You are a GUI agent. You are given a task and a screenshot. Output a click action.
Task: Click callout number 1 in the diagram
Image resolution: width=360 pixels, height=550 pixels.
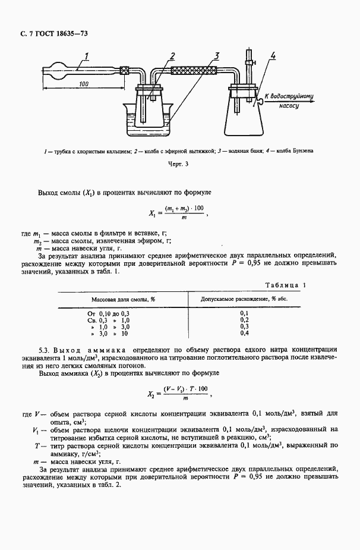click(x=87, y=57)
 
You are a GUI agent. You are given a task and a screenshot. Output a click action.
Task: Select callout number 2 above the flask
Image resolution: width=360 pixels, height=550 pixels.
click(x=171, y=56)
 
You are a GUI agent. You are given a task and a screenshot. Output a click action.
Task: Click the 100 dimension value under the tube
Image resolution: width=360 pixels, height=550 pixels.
click(x=83, y=85)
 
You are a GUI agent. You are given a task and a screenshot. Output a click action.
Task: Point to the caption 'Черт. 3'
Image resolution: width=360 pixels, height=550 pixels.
click(x=179, y=164)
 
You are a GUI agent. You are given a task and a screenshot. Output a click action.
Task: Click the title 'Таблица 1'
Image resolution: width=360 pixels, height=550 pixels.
click(x=285, y=285)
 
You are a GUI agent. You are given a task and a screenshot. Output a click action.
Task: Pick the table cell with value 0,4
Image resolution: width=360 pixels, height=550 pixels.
click(x=244, y=334)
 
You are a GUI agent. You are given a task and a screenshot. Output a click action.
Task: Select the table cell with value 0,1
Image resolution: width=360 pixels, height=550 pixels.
click(x=244, y=313)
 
